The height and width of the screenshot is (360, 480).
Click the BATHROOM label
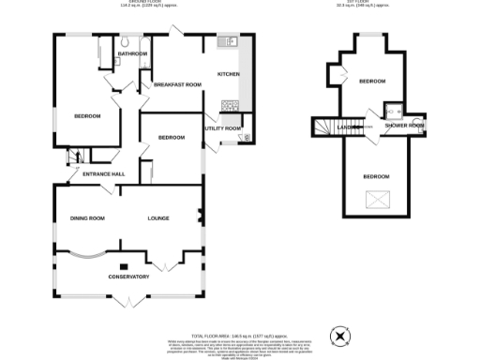132,54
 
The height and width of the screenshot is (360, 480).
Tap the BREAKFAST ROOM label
178,85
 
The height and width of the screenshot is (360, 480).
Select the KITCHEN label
229,74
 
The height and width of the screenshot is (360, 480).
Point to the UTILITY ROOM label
223,128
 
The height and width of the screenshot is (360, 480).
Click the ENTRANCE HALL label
104,174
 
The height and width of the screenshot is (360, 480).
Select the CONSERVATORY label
128,277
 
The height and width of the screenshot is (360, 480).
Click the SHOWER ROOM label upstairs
404,126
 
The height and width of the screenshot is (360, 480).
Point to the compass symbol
339,336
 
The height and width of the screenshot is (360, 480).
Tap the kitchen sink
228,42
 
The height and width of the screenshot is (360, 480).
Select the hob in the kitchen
228,104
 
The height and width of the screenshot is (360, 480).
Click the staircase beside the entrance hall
74,157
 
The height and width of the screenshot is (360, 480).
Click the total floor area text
238,335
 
